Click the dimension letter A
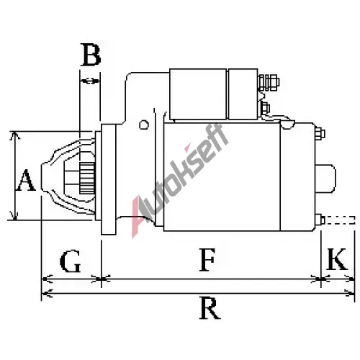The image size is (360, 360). (x=26, y=180)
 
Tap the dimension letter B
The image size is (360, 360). (x=91, y=55)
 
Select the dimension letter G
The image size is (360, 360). (x=70, y=261)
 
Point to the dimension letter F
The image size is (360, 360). (x=207, y=260)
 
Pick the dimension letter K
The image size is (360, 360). (x=337, y=259)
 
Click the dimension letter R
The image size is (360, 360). (x=210, y=308)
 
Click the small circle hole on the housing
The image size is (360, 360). (x=144, y=125)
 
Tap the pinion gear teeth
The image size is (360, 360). (x=87, y=179)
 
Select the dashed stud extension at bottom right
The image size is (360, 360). (x=340, y=220)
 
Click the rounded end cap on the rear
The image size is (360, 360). (x=325, y=179)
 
